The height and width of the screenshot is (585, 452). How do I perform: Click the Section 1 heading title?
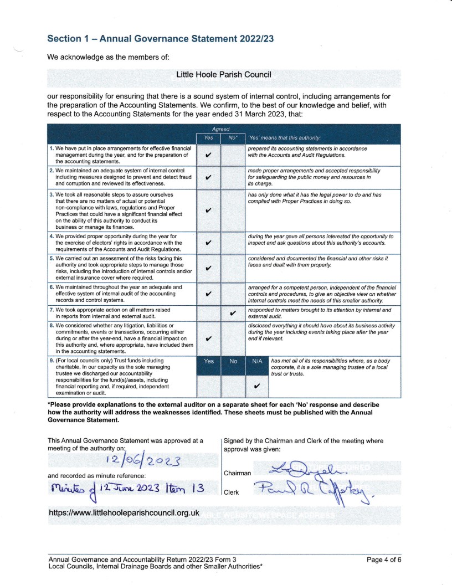[x=161, y=38]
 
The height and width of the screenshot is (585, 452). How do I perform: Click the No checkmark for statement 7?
[x=233, y=313]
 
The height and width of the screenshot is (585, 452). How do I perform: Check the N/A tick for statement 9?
[x=256, y=386]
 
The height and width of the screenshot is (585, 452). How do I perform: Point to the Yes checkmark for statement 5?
[x=207, y=269]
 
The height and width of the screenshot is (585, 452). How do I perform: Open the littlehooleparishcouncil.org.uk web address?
[x=124, y=513]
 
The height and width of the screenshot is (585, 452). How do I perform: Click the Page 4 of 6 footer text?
[x=384, y=559]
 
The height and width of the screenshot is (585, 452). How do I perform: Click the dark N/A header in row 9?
[x=256, y=361]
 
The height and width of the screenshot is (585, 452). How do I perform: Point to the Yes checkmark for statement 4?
[x=207, y=243]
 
